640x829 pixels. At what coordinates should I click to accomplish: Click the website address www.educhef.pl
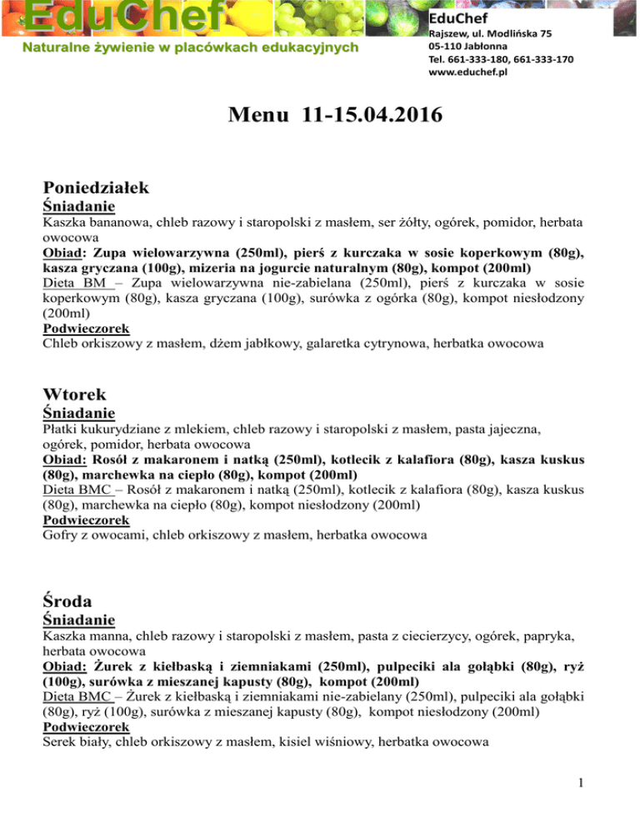point(467,73)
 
